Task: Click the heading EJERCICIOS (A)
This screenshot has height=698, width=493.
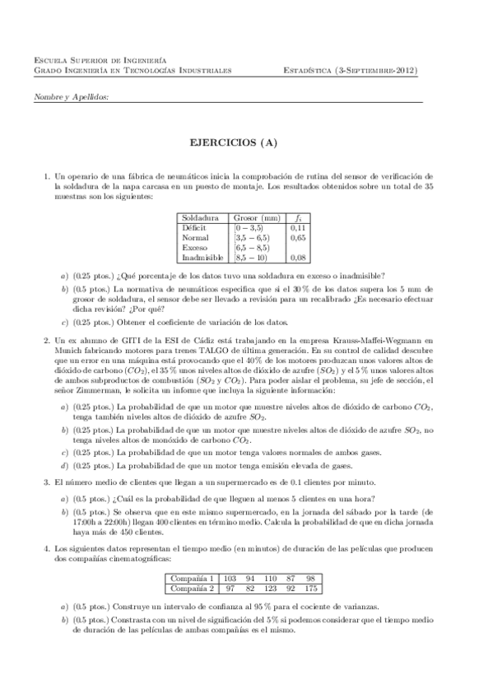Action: tap(246, 142)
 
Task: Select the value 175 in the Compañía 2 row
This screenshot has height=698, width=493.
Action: tap(309, 612)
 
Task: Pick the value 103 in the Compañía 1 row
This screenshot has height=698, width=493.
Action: tap(230, 602)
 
